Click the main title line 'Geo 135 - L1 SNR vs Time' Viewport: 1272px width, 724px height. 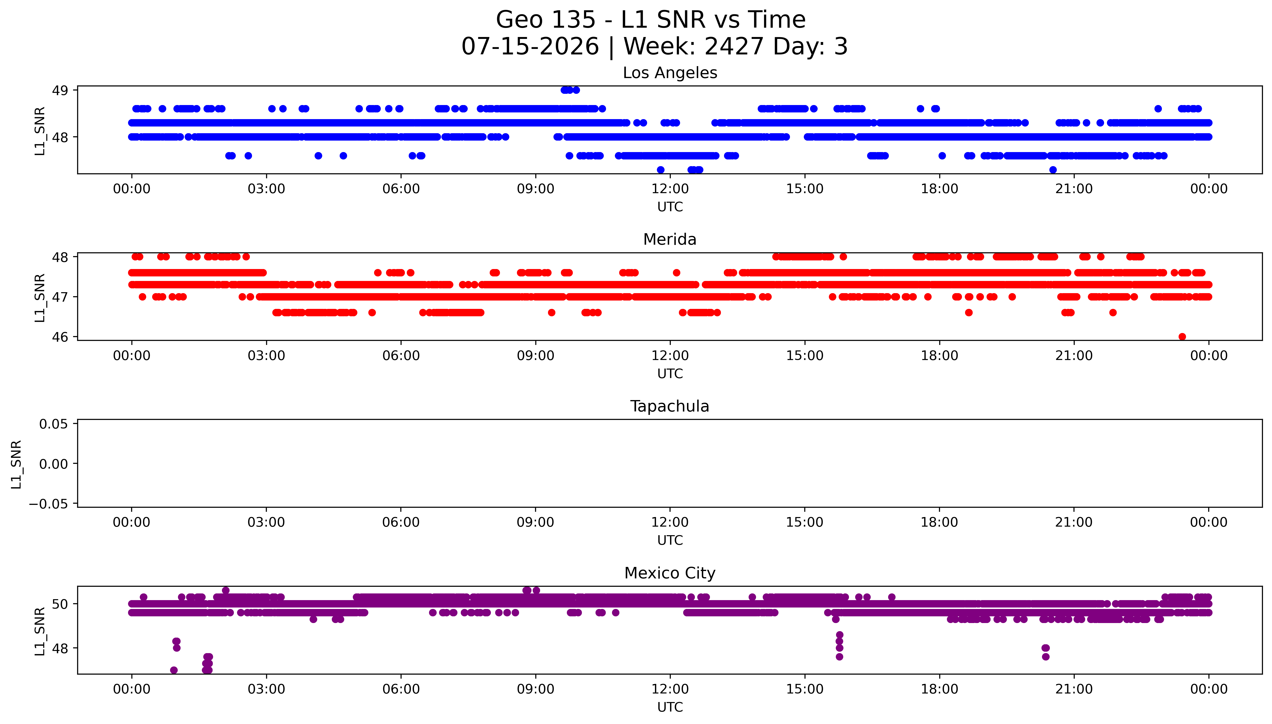pyautogui.click(x=651, y=20)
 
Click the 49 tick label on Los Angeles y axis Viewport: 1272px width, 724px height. pyautogui.click(x=60, y=90)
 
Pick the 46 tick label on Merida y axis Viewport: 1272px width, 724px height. pyautogui.click(x=60, y=337)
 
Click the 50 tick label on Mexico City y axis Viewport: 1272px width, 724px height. pyautogui.click(x=60, y=604)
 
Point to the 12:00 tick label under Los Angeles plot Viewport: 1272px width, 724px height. pyautogui.click(x=670, y=189)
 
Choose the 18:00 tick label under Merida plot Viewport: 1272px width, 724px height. pyautogui.click(x=939, y=355)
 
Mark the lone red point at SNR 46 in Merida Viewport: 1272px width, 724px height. pyautogui.click(x=1182, y=337)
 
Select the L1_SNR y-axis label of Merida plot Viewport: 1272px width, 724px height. pyautogui.click(x=40, y=297)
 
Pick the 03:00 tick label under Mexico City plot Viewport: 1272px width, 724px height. pyautogui.click(x=266, y=689)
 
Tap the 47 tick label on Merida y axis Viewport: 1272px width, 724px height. pyautogui.click(x=60, y=297)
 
